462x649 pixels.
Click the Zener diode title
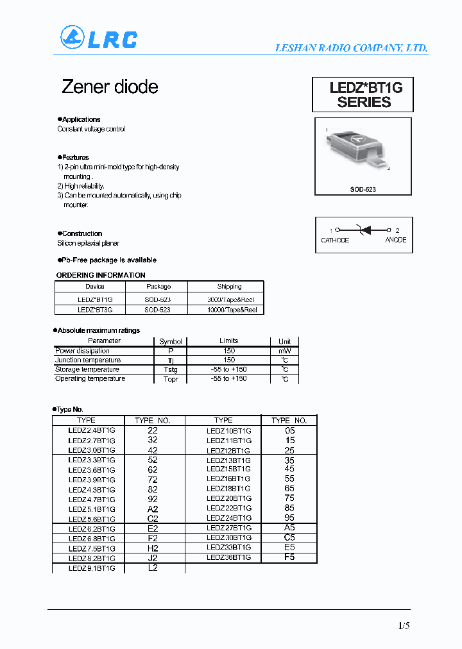110,87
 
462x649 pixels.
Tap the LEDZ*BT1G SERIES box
363,95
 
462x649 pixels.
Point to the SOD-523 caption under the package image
364,189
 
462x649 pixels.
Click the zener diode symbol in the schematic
364,230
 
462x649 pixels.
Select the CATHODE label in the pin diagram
335,240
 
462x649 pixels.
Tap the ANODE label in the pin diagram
395,240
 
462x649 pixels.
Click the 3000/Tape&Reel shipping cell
230,299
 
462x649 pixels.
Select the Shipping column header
229,287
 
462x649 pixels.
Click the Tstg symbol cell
170,369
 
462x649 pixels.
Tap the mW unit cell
284,351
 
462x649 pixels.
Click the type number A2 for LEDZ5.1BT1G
153,509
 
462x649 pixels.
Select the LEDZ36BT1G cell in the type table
228,557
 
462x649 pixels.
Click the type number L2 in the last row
153,568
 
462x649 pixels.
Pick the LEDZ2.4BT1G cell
92,430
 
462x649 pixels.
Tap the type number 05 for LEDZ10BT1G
290,430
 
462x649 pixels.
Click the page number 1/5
403,625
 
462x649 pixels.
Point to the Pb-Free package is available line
107,260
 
